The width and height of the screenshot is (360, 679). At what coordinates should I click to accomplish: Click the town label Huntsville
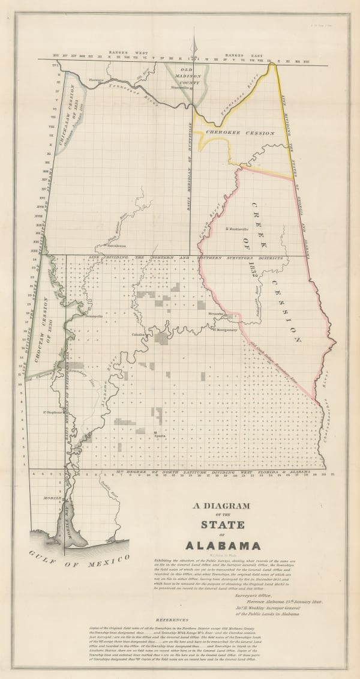(180, 87)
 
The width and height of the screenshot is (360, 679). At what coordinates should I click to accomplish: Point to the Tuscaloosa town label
(116, 246)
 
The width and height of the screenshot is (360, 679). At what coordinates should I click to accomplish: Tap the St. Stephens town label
(53, 412)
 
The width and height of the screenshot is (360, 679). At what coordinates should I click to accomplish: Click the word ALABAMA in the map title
(223, 546)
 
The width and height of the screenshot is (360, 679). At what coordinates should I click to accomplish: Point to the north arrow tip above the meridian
(195, 39)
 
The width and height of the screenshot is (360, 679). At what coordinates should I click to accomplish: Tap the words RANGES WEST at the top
(122, 52)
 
